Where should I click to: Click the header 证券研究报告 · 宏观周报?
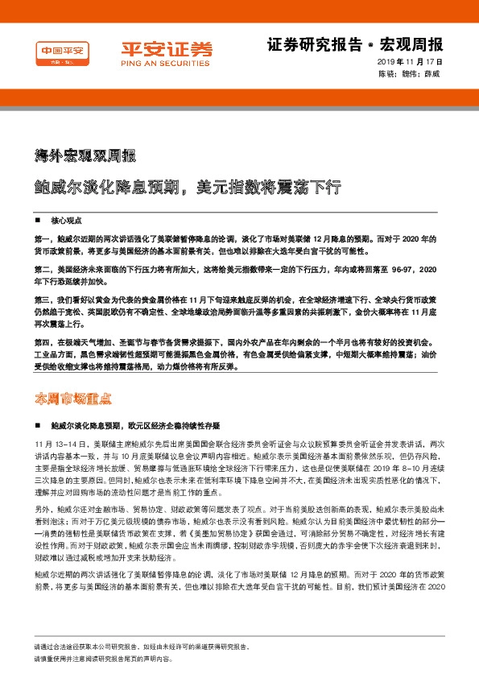[354, 44]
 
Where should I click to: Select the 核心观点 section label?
[67, 220]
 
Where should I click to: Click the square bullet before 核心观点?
[38, 220]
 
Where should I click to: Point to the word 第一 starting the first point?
[42, 239]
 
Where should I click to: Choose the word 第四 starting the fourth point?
[42, 343]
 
